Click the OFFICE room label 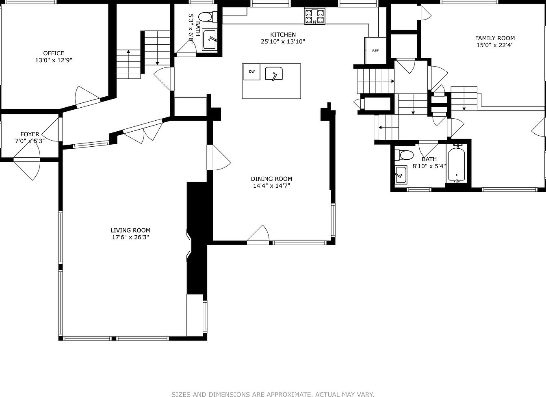pyautogui.click(x=54, y=53)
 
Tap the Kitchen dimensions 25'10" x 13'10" pyautogui.click(x=283, y=41)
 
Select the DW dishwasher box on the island pyautogui.click(x=252, y=72)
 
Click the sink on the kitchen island pyautogui.click(x=274, y=74)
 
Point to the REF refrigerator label pyautogui.click(x=375, y=51)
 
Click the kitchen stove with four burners pyautogui.click(x=314, y=16)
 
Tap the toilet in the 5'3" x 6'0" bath pyautogui.click(x=208, y=17)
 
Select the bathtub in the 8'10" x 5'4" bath pyautogui.click(x=456, y=163)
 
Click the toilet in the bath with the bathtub pyautogui.click(x=404, y=155)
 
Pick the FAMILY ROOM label pyautogui.click(x=495, y=38)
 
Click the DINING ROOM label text pyautogui.click(x=271, y=179)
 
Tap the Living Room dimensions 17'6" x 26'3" pyautogui.click(x=130, y=237)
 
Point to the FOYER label pyautogui.click(x=30, y=134)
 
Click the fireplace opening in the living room pyautogui.click(x=189, y=245)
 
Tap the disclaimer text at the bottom pyautogui.click(x=273, y=388)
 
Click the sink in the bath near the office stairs pyautogui.click(x=210, y=39)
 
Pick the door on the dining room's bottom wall pyautogui.click(x=258, y=234)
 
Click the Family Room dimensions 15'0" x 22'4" pyautogui.click(x=495, y=45)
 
